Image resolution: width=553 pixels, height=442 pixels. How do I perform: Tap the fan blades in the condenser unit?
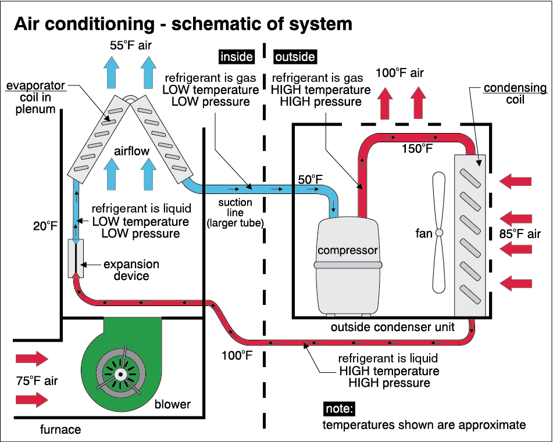pos(440,232)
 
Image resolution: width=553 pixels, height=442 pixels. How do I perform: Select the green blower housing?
pos(125,363)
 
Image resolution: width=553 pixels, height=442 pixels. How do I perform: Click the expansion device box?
pos(76,258)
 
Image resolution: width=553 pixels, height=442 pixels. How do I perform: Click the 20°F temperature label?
pos(45,225)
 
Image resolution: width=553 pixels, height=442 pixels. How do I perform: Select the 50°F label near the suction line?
pos(310,179)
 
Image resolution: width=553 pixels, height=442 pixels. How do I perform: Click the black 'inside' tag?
pos(236,57)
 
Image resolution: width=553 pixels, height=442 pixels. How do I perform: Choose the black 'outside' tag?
pos(295,57)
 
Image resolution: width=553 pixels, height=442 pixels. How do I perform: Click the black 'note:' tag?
pos(339,408)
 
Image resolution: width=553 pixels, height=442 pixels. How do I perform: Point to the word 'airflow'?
pos(131,151)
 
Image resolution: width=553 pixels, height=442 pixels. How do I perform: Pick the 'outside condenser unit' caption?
pos(393,327)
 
